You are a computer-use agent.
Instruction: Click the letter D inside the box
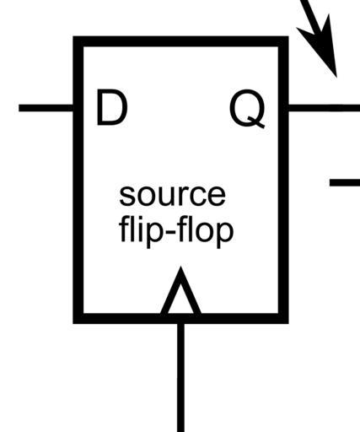pos(111,107)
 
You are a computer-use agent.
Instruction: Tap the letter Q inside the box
pos(247,108)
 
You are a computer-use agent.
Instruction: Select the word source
pos(172,196)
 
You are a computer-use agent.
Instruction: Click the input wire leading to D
pos(46,108)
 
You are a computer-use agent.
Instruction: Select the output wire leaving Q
pos(324,108)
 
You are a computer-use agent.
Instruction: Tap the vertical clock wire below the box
pos(181,378)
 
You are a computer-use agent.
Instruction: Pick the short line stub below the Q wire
pos(345,182)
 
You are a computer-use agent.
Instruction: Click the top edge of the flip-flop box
pos(180,41)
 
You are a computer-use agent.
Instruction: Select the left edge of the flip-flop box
pos(78,180)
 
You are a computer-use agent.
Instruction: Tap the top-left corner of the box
pos(73,37)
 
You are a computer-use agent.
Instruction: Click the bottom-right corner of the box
pos(288,323)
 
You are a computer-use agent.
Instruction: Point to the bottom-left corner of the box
pos(73,323)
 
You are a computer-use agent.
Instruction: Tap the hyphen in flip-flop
pos(173,233)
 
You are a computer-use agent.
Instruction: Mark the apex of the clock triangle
pos(180,267)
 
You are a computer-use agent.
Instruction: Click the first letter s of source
pos(126,196)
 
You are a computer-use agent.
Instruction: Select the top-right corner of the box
pos(288,37)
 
